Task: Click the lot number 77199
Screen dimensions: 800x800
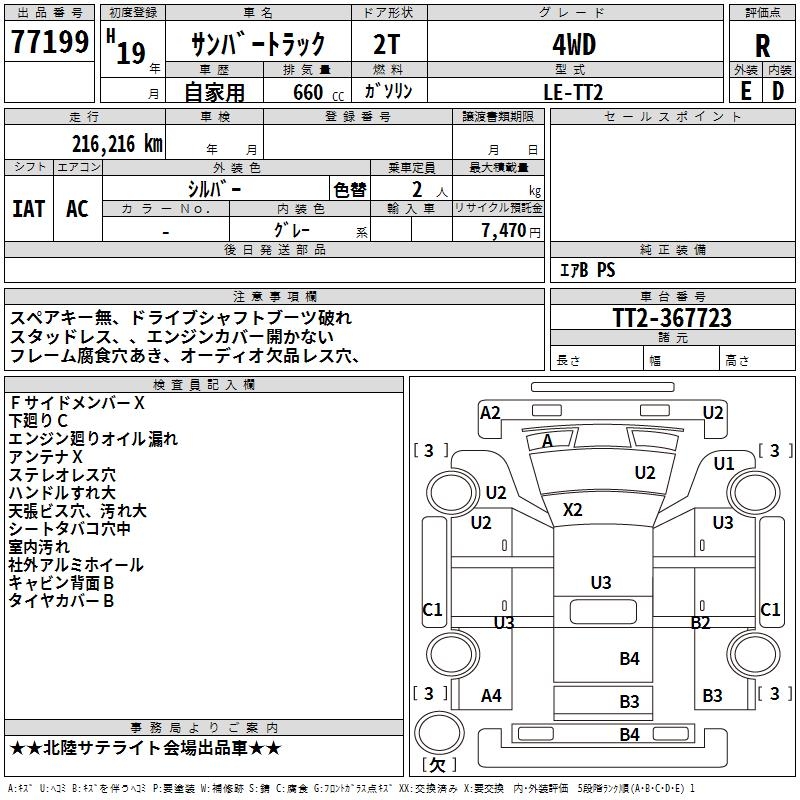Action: (x=49, y=41)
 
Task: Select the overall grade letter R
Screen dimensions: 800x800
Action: (x=762, y=46)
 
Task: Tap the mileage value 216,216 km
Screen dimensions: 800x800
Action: (x=117, y=144)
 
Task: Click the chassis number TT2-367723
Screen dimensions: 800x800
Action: (x=672, y=317)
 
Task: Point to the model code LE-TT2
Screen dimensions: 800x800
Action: (x=573, y=92)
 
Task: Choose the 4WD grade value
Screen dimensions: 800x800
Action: (x=574, y=45)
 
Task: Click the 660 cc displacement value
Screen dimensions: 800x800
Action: (x=318, y=92)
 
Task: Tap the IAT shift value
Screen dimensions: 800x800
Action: (x=29, y=209)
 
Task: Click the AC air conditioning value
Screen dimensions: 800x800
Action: (x=77, y=209)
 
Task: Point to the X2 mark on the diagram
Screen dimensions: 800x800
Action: (x=572, y=509)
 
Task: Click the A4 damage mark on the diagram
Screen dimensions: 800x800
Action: (x=491, y=695)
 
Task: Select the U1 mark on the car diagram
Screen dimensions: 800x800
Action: (x=723, y=463)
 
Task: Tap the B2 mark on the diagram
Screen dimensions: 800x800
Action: (x=700, y=622)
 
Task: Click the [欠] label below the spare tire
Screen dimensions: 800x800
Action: (x=439, y=764)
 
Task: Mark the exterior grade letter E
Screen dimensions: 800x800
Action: (x=746, y=91)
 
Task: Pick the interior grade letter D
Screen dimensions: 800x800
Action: (x=778, y=91)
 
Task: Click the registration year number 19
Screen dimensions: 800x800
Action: (x=131, y=53)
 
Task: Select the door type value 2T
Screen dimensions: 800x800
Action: (x=386, y=45)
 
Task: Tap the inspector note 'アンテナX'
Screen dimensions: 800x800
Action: (x=45, y=457)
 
